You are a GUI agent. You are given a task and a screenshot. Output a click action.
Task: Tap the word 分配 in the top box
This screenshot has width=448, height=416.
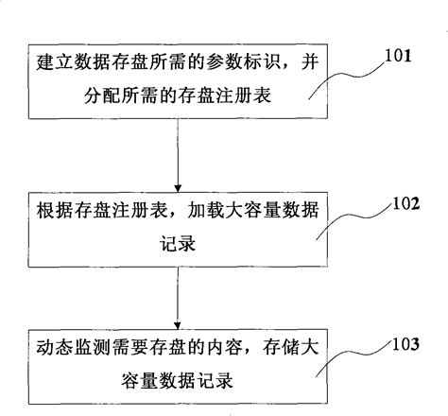(97, 95)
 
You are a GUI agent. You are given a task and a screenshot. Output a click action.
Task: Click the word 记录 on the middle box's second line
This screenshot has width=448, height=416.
(178, 239)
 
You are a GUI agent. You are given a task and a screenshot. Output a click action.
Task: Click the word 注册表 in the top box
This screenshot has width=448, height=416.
(234, 95)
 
